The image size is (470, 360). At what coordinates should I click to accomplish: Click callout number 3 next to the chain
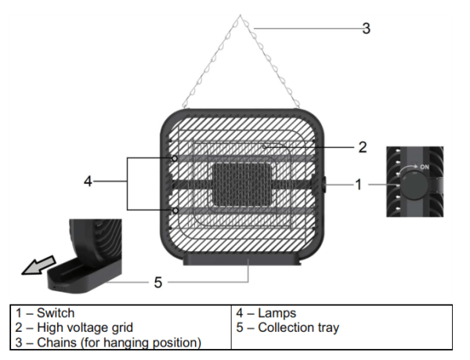(x=366, y=29)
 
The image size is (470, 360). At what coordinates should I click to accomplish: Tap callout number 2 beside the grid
(x=362, y=146)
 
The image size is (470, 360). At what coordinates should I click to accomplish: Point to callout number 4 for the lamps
(x=89, y=182)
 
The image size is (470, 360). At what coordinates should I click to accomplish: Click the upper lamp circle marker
(x=175, y=158)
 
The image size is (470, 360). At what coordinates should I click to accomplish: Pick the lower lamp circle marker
(x=175, y=210)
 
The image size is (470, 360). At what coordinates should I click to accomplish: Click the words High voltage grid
(x=79, y=327)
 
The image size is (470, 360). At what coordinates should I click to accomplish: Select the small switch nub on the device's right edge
(x=324, y=185)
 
